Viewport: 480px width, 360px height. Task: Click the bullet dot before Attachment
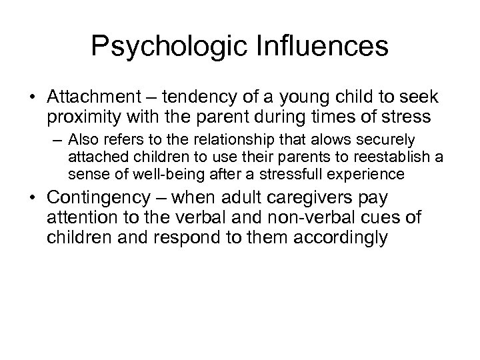pyautogui.click(x=33, y=98)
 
